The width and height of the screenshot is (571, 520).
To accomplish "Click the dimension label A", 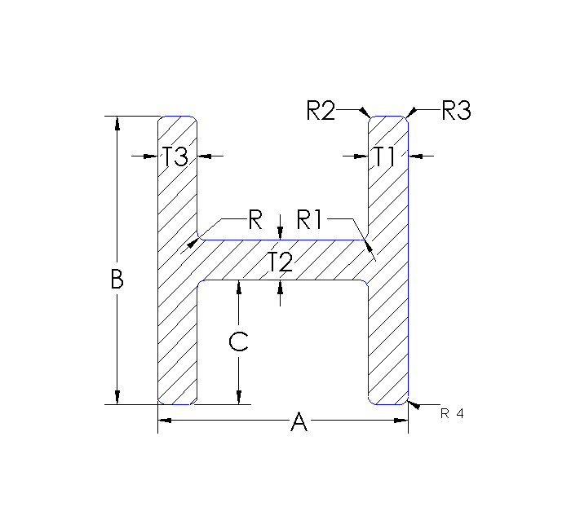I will pos(299,421).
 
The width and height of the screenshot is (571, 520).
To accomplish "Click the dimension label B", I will pos(117,280).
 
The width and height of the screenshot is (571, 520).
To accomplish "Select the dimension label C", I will pos(238,342).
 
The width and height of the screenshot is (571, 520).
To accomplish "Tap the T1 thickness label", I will pos(385,156).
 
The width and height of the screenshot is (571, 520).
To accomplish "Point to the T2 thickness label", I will pos(280,262).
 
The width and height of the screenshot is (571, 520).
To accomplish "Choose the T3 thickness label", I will pos(175,156).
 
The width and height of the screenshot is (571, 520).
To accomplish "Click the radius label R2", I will pos(321,110).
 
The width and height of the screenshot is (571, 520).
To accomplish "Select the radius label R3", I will pos(456,110).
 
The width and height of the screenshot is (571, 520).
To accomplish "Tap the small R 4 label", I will pos(452,413).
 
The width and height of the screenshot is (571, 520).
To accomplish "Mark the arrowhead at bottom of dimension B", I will pos(117,398).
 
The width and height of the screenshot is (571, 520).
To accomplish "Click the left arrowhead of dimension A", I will pos(163,420).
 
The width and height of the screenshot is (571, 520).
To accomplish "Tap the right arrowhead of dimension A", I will pos(401,420).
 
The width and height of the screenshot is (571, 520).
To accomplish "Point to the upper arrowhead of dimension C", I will pos(238,286).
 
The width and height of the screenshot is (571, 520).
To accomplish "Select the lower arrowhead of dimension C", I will pos(238,398).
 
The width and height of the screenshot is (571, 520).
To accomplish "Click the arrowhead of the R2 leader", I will pos(367,113).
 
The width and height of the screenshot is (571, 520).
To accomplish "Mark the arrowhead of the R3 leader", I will pos(411,113).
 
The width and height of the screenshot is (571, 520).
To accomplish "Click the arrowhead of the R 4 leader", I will pos(412,404).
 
